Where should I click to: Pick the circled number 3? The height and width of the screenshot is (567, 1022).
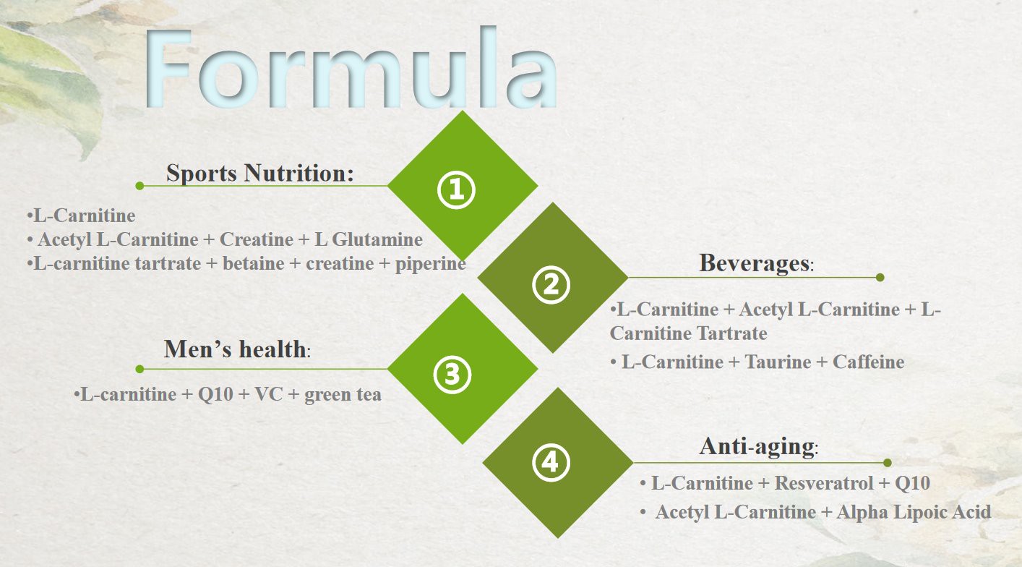452,374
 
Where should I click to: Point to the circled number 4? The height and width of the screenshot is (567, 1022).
551,462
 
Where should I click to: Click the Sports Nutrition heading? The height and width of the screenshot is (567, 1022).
260,174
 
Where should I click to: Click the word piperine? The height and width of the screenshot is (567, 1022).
430,263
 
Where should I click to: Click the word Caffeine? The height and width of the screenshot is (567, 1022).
868,362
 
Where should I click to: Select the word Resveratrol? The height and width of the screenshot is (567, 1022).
823,483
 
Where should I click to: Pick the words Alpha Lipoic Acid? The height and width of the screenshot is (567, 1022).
914,512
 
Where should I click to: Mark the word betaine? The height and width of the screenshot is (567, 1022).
253,263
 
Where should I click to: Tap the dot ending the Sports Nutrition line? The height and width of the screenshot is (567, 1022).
139,186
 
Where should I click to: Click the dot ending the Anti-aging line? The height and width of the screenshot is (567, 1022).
888,463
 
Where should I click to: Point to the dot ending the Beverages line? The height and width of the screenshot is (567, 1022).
880,277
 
